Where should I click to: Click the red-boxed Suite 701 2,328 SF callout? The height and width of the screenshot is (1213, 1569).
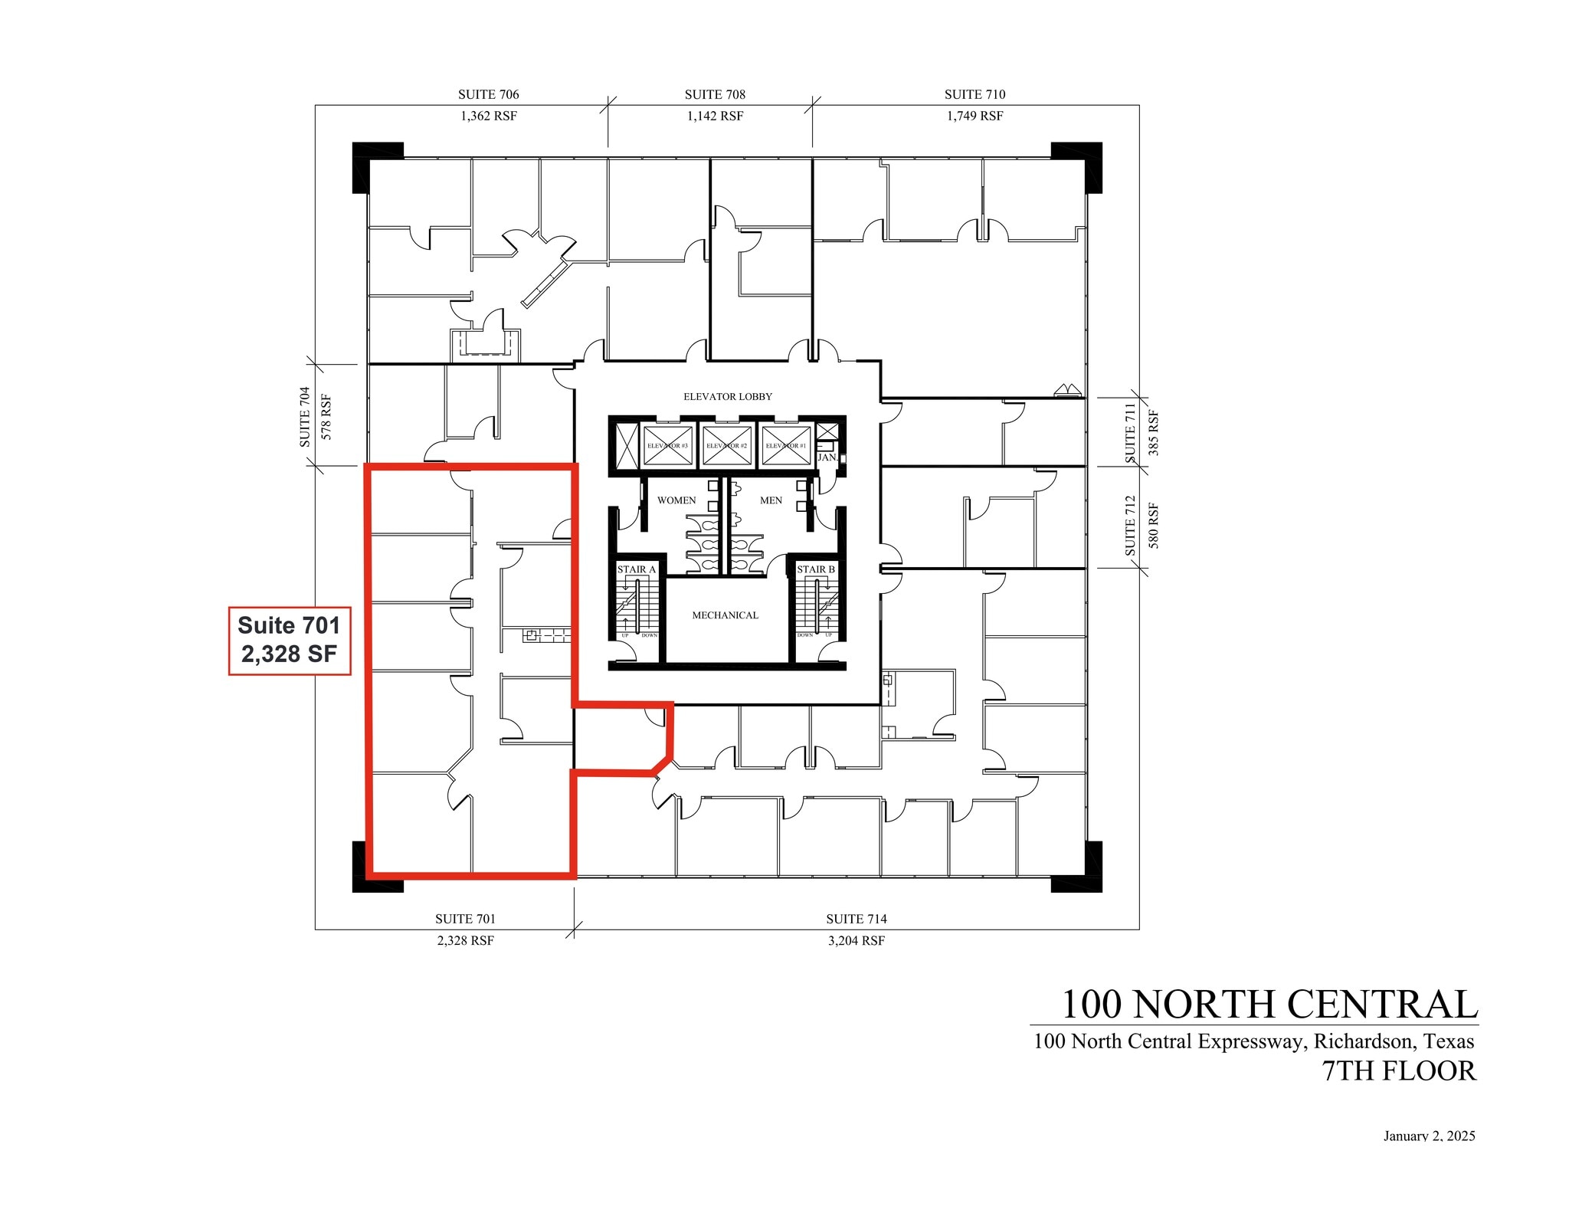coord(290,641)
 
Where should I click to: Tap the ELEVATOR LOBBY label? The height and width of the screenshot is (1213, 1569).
coord(727,396)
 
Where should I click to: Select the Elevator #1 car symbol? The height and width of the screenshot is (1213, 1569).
coord(785,445)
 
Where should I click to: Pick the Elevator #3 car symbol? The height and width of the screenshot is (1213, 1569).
coord(667,445)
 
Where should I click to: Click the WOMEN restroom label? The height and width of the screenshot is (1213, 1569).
coord(676,500)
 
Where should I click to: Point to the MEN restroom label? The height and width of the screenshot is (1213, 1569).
coord(771,500)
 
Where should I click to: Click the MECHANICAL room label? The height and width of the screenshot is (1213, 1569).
coord(725,615)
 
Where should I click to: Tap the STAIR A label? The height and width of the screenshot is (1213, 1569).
coord(637,569)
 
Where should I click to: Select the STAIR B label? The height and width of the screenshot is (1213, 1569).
coord(816,569)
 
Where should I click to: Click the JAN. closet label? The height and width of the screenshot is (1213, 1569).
coord(827,457)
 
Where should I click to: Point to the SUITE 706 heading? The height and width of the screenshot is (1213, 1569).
coord(488,94)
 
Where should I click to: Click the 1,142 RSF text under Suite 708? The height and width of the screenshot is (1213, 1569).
coord(715,116)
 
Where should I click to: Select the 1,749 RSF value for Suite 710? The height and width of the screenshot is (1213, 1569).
coord(974,116)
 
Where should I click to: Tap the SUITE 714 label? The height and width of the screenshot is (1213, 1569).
coord(856,919)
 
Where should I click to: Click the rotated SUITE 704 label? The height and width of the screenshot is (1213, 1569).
coord(305,416)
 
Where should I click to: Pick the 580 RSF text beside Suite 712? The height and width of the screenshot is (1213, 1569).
coord(1154,525)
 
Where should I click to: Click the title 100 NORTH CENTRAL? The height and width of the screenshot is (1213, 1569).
coord(1269,1004)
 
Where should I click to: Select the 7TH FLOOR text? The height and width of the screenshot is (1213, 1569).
coord(1399,1071)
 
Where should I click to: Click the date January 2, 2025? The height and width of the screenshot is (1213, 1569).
coord(1429,1136)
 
